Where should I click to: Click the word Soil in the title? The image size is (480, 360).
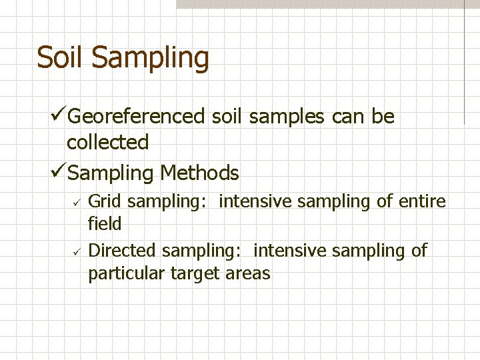[x=61, y=57]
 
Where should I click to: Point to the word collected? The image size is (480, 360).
[x=107, y=142]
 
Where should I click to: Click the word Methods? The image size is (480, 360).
[x=199, y=173]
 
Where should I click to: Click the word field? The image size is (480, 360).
[x=105, y=224]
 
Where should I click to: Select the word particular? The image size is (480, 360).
[x=127, y=273]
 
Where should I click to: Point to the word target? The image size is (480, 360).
[x=195, y=273]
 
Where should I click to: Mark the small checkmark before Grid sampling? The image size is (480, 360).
[x=77, y=201]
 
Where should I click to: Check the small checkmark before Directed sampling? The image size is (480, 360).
[x=77, y=251]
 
